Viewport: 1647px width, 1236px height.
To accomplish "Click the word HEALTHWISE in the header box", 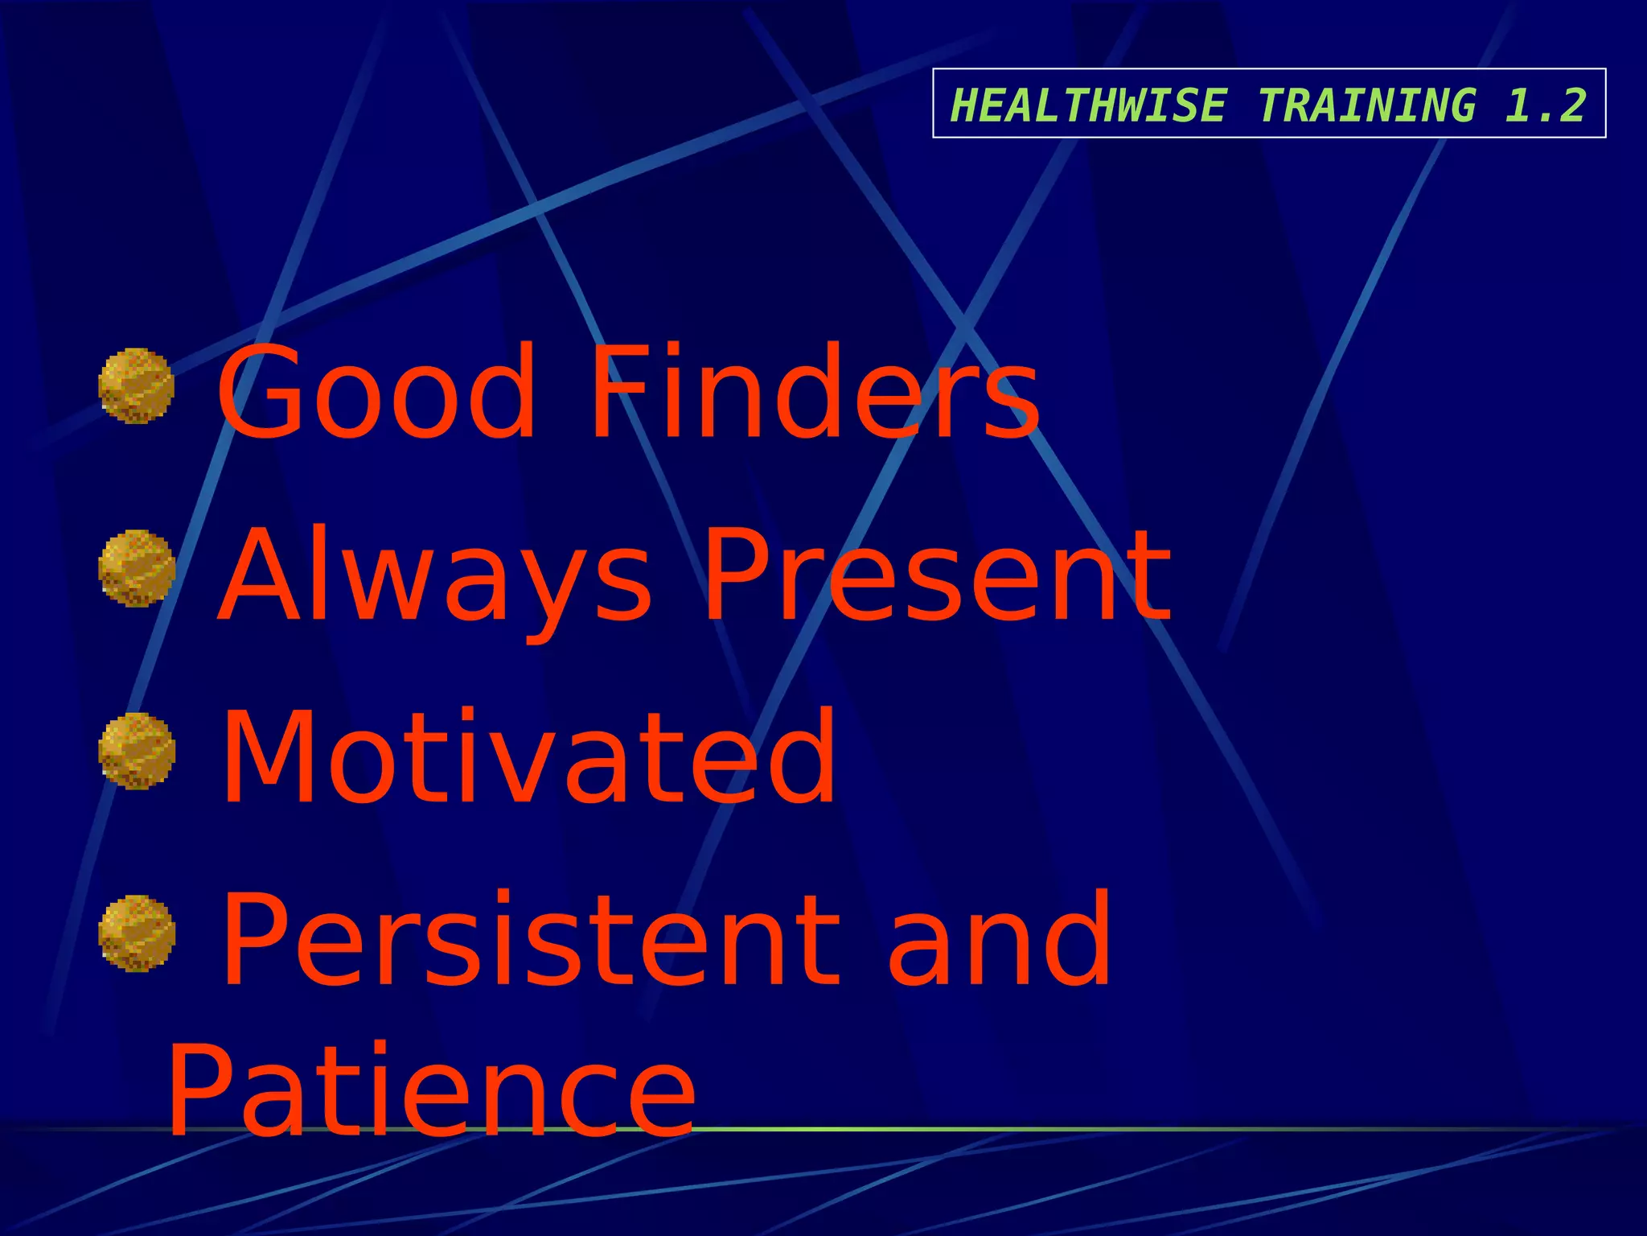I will [x=1087, y=105].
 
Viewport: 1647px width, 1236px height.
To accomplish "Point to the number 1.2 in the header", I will [x=1545, y=105].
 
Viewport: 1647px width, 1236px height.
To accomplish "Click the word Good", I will [x=376, y=392].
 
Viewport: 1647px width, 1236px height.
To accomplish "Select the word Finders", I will [x=814, y=392].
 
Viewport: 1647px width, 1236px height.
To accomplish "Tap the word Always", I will [x=435, y=575].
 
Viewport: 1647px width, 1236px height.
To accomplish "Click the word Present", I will [x=938, y=575].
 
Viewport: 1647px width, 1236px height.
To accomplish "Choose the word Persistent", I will [x=531, y=939].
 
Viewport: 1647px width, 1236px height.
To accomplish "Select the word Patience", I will [x=431, y=1090].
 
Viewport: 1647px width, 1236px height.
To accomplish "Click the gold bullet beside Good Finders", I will [x=136, y=385].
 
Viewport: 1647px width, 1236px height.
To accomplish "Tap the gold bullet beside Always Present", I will [x=136, y=568].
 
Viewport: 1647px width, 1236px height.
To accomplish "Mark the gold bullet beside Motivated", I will [x=136, y=751].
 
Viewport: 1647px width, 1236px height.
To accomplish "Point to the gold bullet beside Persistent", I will [x=136, y=933].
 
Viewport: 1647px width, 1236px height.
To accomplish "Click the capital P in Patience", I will [x=205, y=1090].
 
